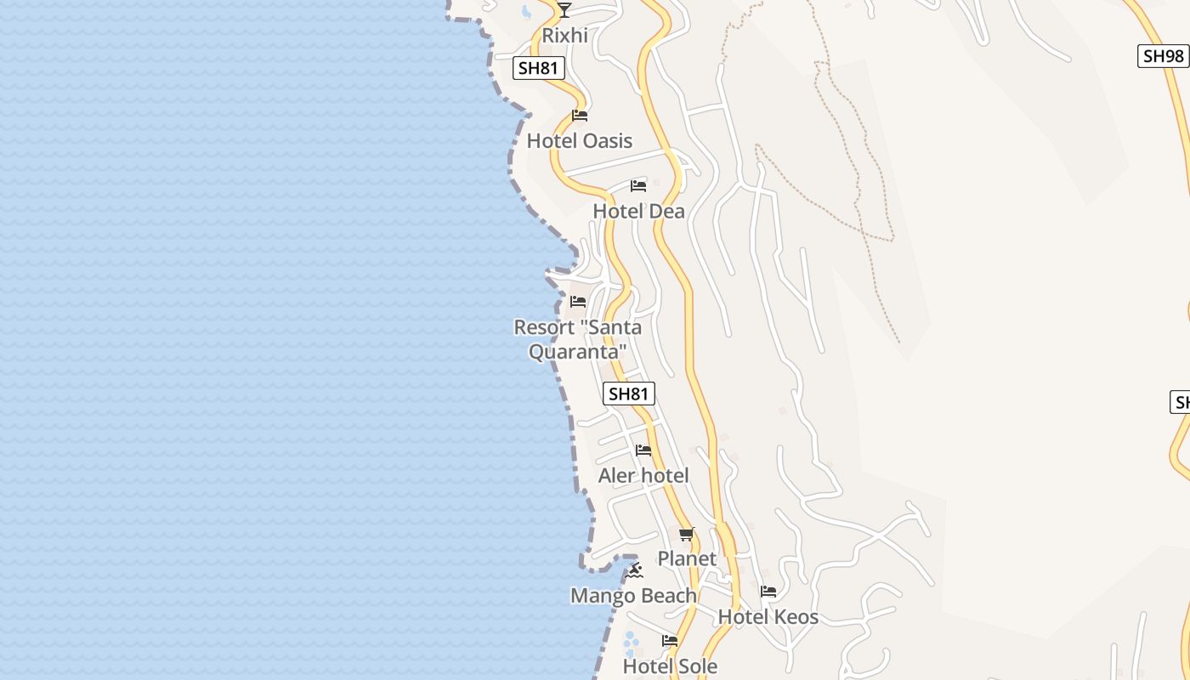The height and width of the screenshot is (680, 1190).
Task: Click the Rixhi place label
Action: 565,36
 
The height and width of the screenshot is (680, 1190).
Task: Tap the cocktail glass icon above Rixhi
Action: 564,10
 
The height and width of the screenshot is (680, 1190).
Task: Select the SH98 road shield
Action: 1163,56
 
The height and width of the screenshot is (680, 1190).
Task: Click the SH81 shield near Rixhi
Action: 539,68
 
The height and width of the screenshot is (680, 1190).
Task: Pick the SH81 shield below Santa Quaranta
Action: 629,394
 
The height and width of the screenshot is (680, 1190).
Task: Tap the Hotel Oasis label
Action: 580,140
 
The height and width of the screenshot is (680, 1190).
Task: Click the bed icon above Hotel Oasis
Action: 580,116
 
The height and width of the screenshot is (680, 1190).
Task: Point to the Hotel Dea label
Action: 638,211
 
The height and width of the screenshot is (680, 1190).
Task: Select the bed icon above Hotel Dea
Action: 638,186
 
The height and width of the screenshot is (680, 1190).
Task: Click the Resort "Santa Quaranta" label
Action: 578,338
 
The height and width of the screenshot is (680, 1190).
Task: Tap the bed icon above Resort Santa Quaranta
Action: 578,302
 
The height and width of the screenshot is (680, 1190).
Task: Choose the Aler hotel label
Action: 643,475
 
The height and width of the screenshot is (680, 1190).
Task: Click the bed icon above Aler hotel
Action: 643,450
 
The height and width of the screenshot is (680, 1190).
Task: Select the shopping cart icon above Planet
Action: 687,534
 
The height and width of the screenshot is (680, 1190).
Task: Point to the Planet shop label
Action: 687,558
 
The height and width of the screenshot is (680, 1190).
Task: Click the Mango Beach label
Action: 633,596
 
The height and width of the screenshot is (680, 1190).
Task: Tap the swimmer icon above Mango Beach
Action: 633,571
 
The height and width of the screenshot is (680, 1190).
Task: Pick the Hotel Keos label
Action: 768,617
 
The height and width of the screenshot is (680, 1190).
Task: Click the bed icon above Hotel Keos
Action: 768,592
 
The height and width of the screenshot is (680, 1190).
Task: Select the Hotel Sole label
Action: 670,666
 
